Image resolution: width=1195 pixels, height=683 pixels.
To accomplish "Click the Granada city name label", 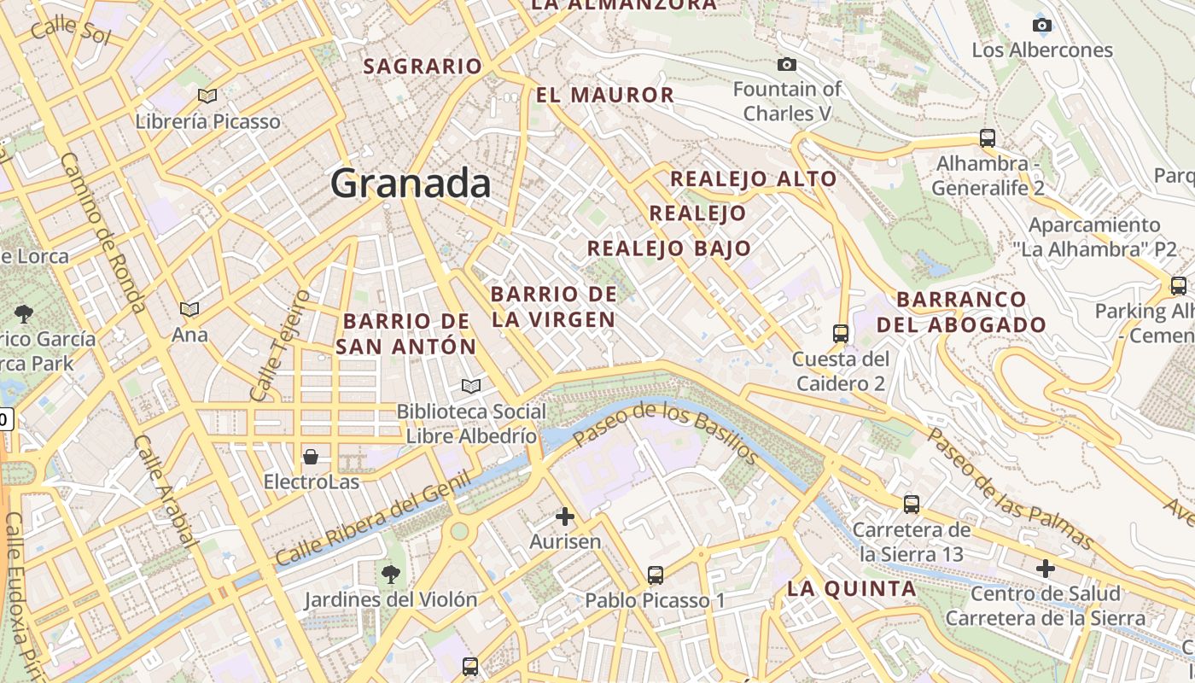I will tap(411, 184).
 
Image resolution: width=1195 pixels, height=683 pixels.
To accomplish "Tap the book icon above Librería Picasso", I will tap(207, 96).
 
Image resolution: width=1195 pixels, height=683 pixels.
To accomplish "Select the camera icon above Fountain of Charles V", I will tap(787, 65).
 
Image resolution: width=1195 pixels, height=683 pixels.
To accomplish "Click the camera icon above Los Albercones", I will tap(1042, 25).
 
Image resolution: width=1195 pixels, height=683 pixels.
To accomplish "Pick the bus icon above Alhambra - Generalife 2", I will tap(988, 137).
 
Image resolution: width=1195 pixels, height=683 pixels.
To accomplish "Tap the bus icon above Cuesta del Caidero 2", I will tap(841, 333).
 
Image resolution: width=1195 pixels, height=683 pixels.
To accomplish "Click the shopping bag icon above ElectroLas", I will tap(311, 456).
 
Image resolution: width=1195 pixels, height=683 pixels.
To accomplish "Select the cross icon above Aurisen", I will tap(565, 516).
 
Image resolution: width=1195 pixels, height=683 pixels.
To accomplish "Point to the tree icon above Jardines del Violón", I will tap(391, 574).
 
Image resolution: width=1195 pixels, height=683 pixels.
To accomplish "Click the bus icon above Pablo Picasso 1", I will tap(655, 575).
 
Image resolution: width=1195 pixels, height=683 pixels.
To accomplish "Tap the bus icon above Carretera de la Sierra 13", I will tap(912, 504).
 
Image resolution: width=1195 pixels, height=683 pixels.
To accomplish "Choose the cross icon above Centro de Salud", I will tap(1046, 568).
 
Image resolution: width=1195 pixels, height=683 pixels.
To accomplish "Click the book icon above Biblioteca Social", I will tap(470, 386).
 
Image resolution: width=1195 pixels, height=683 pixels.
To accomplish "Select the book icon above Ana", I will tap(189, 309).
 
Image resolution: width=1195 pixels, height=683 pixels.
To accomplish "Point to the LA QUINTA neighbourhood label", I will tap(852, 588).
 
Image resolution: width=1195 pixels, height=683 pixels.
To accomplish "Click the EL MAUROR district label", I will tap(605, 95).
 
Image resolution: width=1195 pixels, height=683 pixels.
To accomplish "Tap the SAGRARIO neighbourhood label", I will tap(423, 66).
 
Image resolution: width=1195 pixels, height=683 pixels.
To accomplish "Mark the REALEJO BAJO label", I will tap(669, 248).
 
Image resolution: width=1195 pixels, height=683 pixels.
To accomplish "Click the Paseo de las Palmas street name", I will tap(1011, 489).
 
